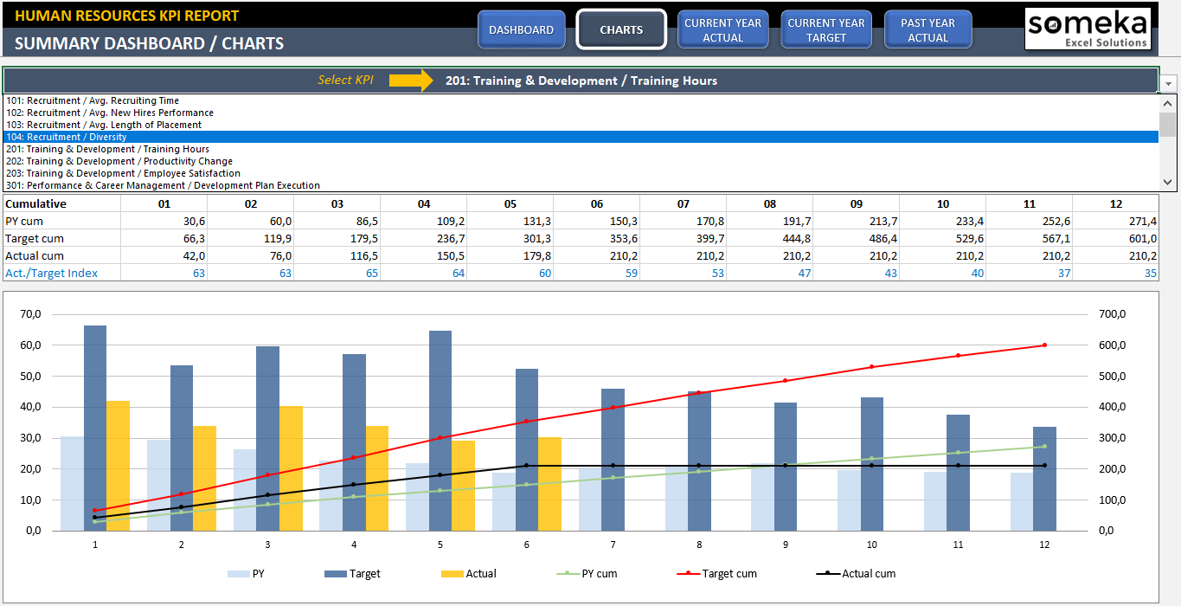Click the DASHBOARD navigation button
tap(521, 29)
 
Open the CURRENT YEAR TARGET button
tap(826, 29)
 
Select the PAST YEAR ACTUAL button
tap(927, 29)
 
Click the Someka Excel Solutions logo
tap(1088, 29)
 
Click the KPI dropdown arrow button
tap(1169, 82)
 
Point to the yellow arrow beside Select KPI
tap(410, 81)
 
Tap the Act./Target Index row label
tap(51, 273)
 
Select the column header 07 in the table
tap(684, 203)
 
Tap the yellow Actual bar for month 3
tap(291, 467)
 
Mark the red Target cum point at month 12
tap(1044, 345)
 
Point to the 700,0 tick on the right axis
tap(1112, 314)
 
